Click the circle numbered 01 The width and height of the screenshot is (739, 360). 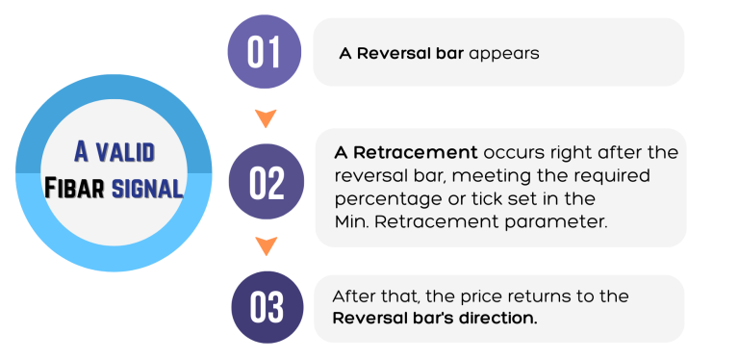264,52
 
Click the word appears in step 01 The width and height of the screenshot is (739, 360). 503,54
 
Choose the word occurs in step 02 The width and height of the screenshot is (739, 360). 511,152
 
